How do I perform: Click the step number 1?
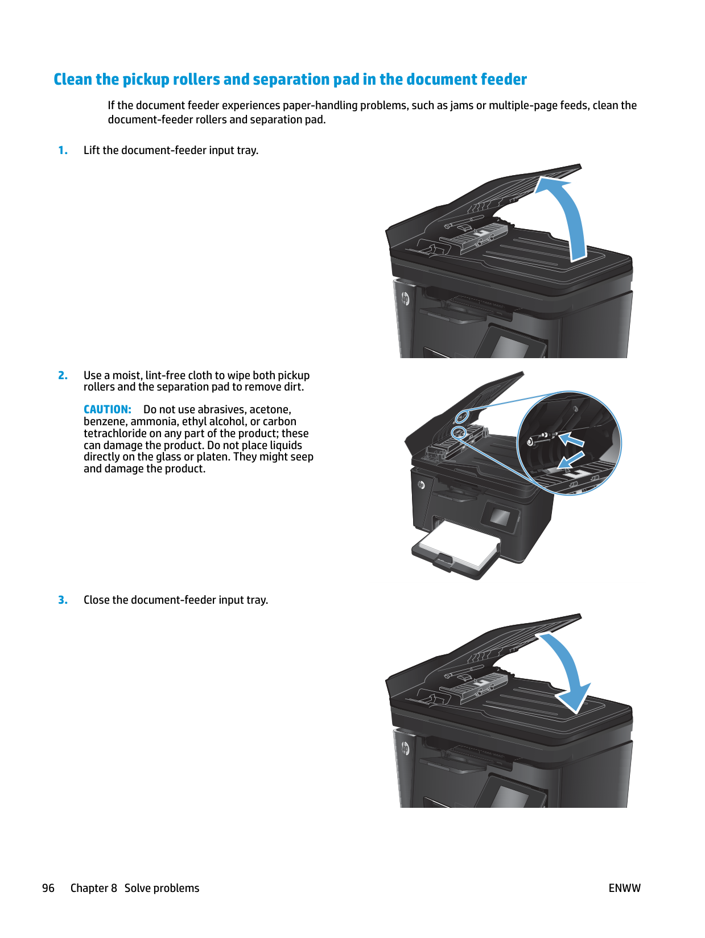(63, 151)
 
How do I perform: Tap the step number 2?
(63, 376)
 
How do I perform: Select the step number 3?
(63, 600)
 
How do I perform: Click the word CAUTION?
(107, 410)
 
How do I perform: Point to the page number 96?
(48, 889)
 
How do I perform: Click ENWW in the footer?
(624, 889)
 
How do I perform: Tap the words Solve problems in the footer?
(162, 889)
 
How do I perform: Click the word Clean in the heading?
(73, 80)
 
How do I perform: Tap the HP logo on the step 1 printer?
(405, 298)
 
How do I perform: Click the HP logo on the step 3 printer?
(405, 748)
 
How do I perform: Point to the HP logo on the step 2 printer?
(421, 484)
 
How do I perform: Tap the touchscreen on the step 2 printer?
(500, 517)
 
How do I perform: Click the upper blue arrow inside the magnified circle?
(572, 440)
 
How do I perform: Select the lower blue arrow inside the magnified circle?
(571, 459)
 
